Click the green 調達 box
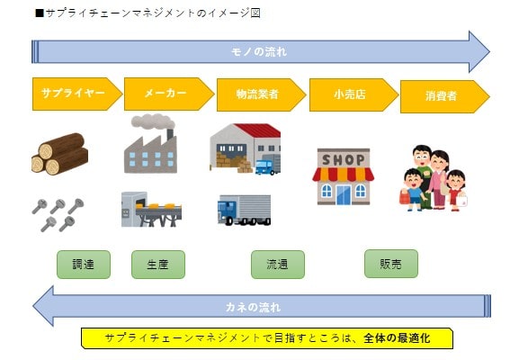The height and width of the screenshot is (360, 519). click(84, 265)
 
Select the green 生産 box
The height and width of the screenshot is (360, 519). click(158, 265)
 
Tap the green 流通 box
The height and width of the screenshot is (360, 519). click(278, 265)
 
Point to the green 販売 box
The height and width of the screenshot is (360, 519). click(391, 264)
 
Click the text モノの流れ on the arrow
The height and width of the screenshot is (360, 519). click(259, 52)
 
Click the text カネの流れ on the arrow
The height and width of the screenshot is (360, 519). click(254, 307)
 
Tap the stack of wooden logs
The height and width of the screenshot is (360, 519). click(60, 154)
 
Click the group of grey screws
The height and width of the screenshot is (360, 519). click(58, 215)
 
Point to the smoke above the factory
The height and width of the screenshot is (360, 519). click(153, 121)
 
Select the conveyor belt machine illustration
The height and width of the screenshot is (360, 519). click(151, 210)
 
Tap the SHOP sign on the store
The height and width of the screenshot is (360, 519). click(344, 160)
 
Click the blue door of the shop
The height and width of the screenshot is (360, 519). click(344, 194)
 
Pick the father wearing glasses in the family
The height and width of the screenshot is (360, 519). click(423, 172)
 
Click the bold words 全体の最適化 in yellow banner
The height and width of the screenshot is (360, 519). click(397, 338)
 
